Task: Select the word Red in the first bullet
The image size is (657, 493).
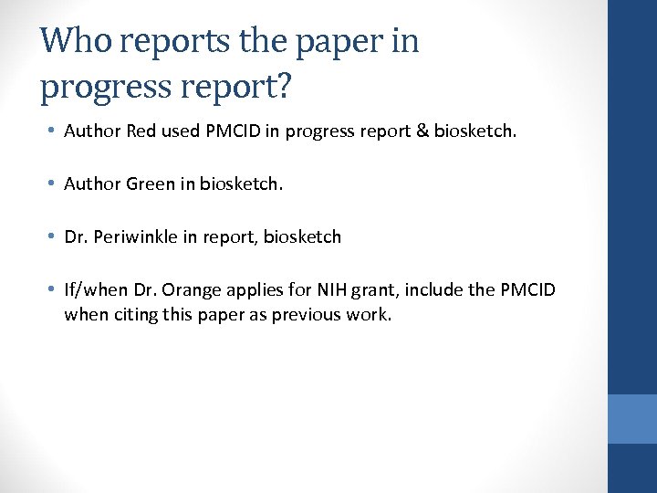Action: [141, 131]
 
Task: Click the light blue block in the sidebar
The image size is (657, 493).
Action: [632, 419]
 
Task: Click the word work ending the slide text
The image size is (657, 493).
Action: [367, 316]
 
